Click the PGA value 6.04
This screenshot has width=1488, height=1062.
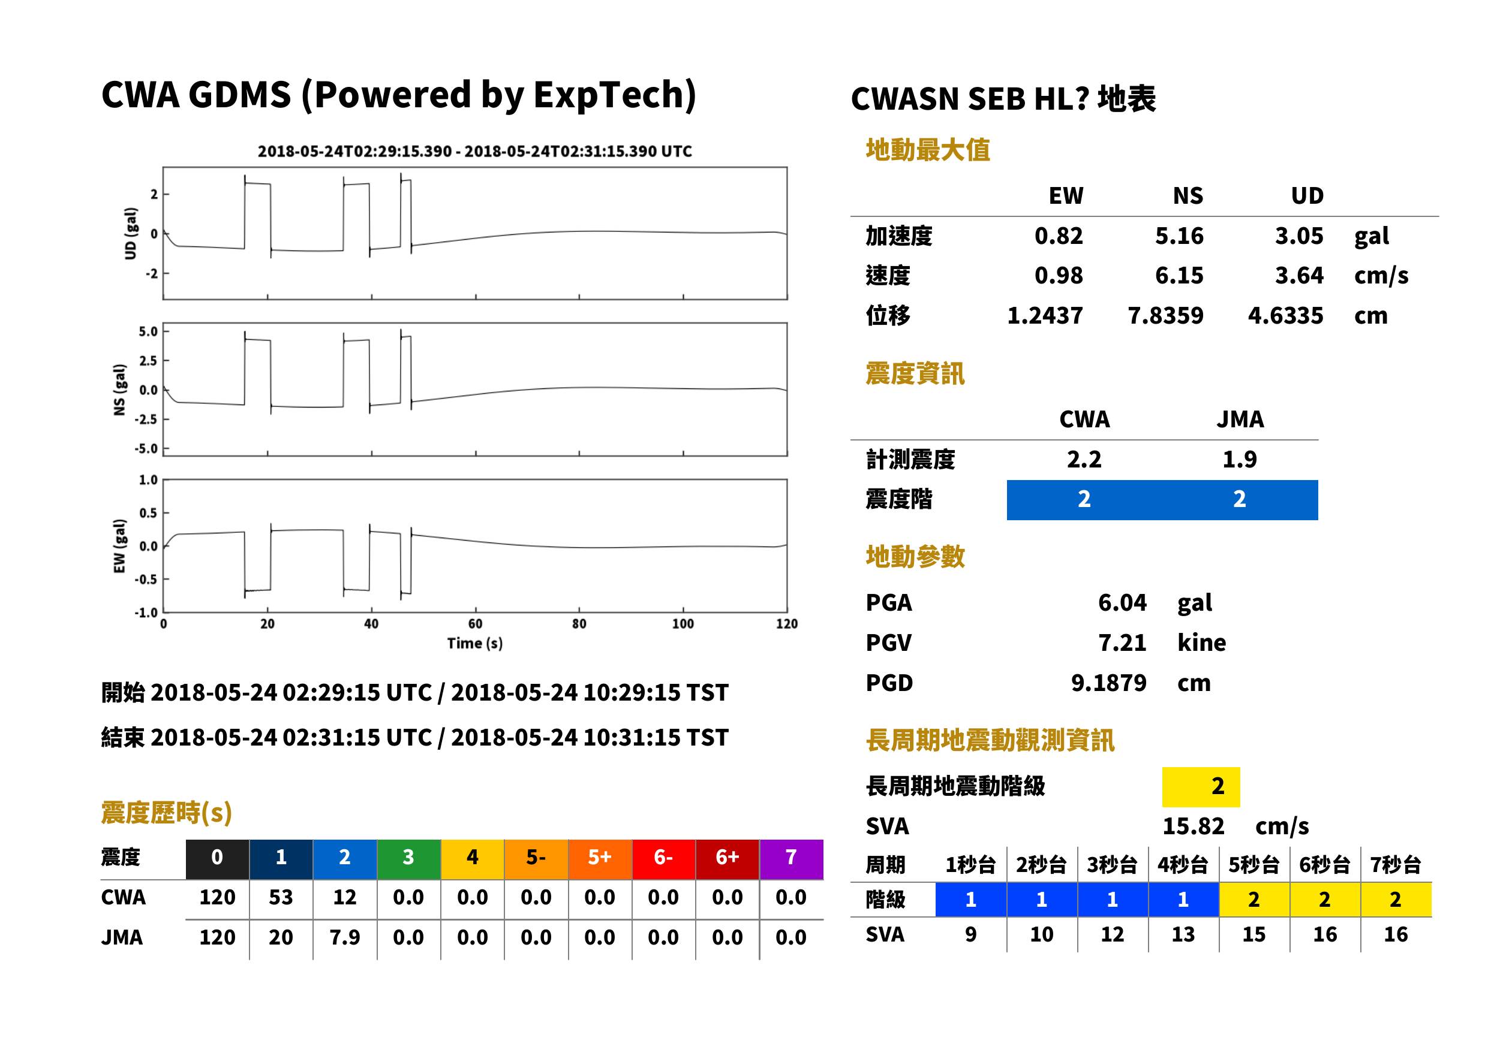(1122, 602)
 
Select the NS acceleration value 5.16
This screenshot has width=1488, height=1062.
(1179, 236)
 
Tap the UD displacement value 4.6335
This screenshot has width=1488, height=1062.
(1285, 315)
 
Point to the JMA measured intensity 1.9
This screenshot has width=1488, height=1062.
(1239, 459)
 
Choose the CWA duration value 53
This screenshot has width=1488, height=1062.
(281, 897)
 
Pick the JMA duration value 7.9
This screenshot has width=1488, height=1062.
(345, 937)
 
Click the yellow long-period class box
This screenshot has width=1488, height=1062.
(1201, 787)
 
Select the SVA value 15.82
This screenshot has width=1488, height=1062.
(1193, 826)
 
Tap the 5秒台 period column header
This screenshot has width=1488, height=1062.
(1253, 864)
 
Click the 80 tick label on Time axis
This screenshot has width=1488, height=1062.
(579, 624)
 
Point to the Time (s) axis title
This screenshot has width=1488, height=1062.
(475, 644)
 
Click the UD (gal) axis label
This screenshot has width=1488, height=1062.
(131, 234)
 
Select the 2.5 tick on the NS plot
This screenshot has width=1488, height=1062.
(149, 360)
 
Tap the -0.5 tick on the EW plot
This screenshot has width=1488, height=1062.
(146, 580)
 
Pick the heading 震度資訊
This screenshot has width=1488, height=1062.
(915, 373)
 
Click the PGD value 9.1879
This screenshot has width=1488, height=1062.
(1108, 683)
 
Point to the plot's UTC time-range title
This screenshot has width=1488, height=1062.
(475, 151)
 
